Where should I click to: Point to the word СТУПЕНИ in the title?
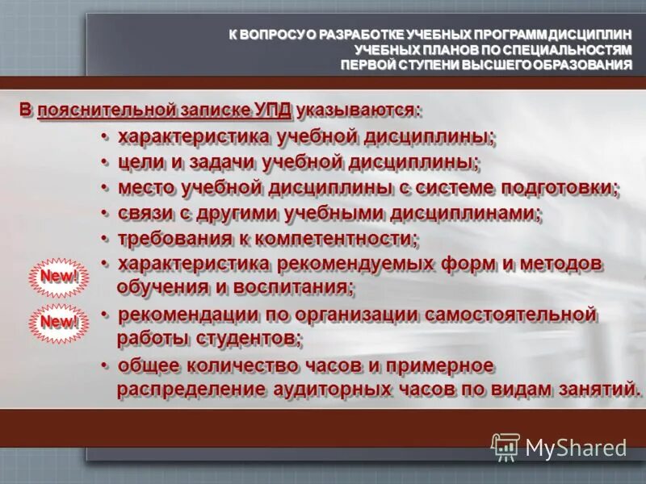(428, 65)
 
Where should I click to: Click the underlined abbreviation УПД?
(273, 109)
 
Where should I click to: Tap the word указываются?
(358, 109)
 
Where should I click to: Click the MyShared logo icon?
(505, 447)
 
